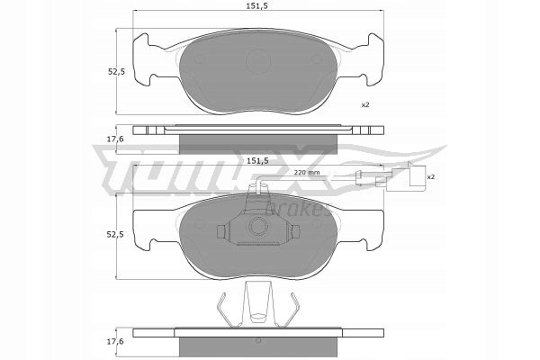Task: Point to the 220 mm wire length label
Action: point(307,172)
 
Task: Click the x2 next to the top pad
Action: point(366,105)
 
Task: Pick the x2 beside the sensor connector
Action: point(430,177)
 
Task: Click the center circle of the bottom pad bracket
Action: point(259,230)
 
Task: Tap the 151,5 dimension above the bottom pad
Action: point(259,161)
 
